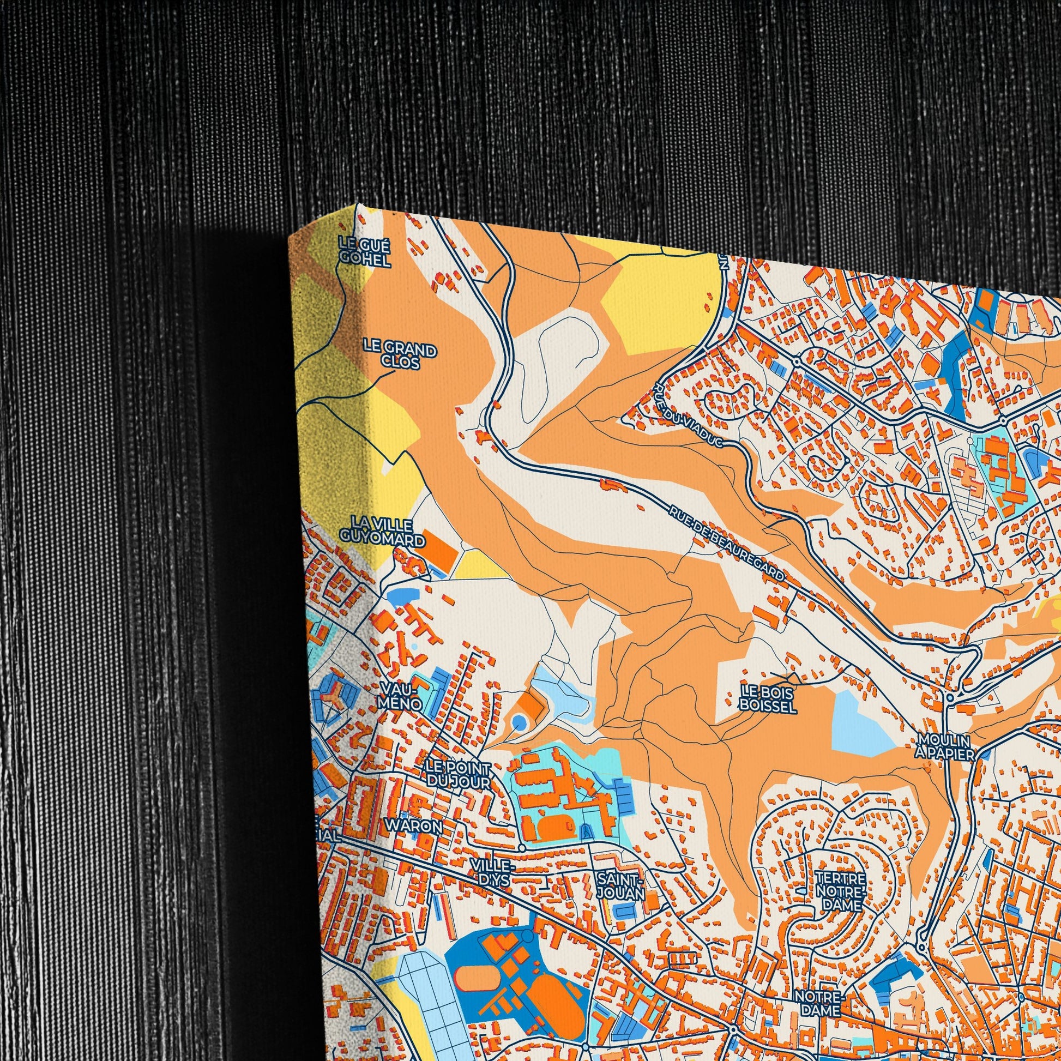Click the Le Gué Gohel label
(365, 251)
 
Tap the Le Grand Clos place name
(399, 355)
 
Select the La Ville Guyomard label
(382, 531)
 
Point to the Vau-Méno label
(400, 695)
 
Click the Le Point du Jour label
(459, 773)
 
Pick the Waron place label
(413, 825)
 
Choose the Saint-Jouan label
(620, 886)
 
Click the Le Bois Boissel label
(768, 698)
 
